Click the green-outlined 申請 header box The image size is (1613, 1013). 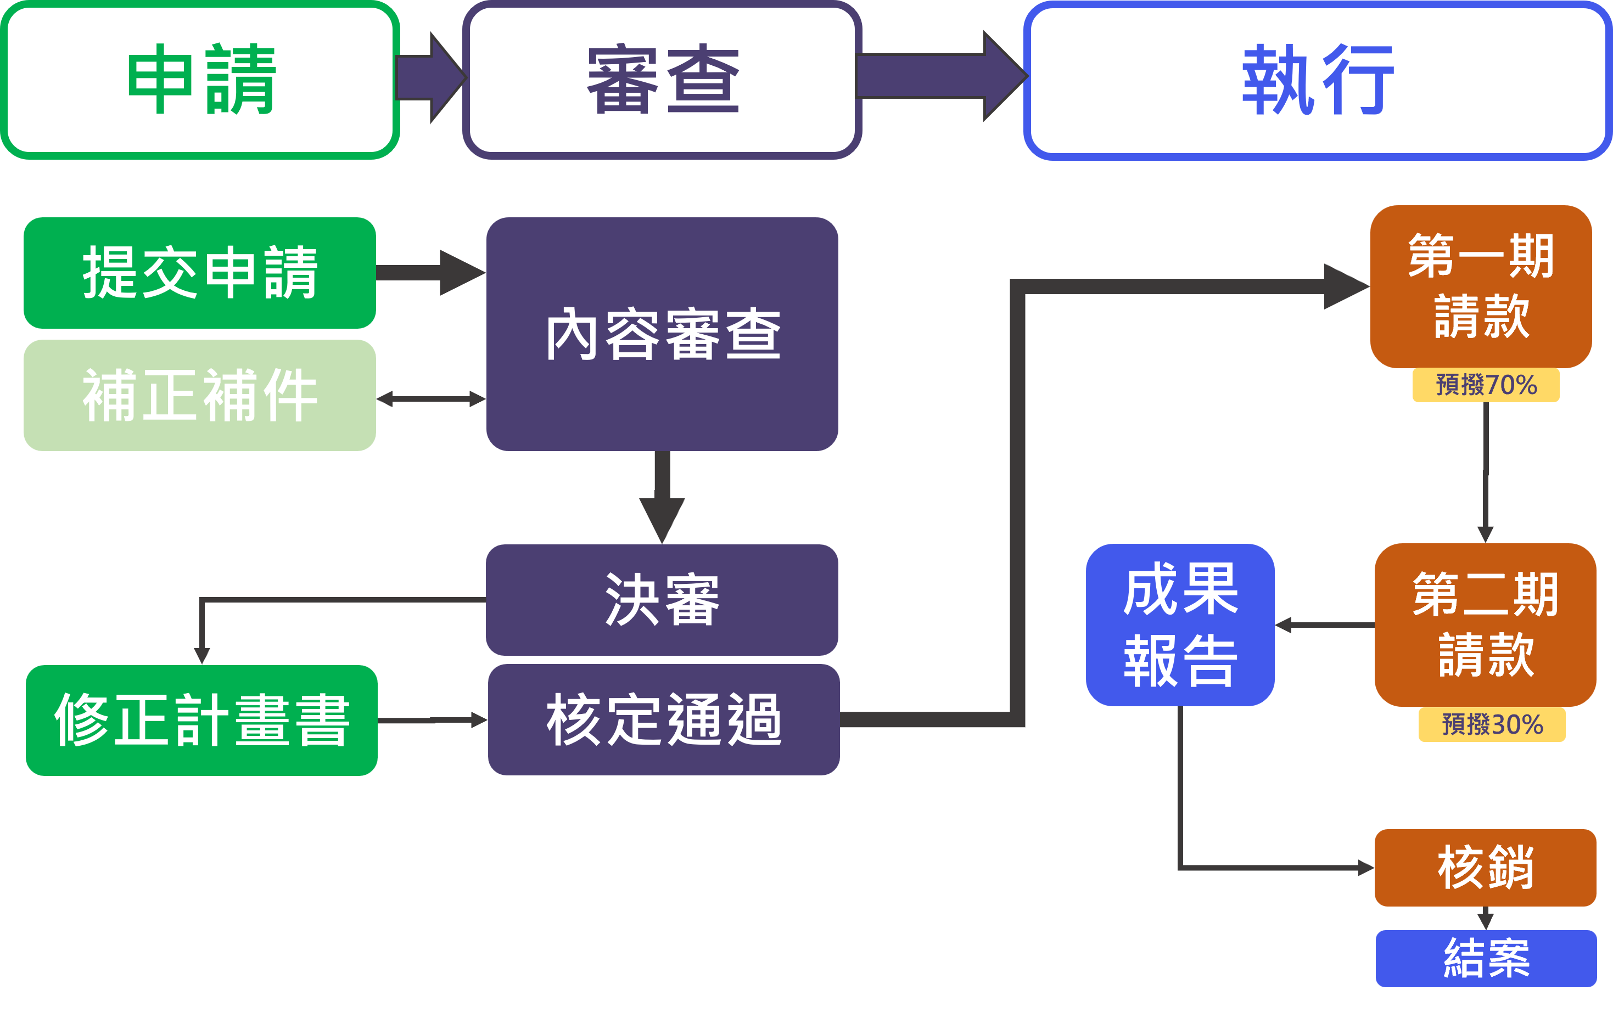point(200,80)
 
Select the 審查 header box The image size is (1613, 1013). point(662,80)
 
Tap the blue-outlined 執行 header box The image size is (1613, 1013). point(1318,80)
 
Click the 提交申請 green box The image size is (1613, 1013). point(200,273)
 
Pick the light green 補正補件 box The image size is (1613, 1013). point(200,395)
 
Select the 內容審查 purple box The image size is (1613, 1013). point(662,334)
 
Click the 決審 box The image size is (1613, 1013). point(662,599)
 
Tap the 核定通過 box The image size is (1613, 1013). point(663,720)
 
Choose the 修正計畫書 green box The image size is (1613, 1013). point(201,720)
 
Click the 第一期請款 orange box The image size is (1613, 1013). point(1480,286)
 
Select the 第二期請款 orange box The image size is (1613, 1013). point(1485,624)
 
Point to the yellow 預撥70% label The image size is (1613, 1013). point(1486,385)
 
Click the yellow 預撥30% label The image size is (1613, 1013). point(1492,724)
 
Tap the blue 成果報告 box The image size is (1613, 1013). point(1180,624)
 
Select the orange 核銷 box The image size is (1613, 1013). point(1485,868)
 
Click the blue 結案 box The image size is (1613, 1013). point(1486,958)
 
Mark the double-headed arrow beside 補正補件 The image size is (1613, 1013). point(431,399)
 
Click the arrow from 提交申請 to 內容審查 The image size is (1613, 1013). point(431,273)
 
